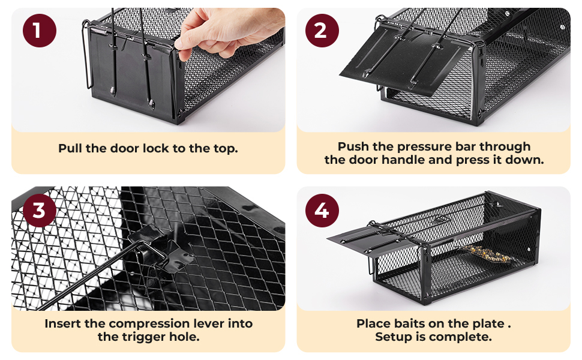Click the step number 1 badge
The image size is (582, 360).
40,31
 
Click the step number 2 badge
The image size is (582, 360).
322,31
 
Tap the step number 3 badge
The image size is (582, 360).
40,211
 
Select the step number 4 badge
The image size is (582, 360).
322,211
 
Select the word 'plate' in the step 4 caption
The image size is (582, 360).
488,324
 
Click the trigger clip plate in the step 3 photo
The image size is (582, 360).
160,247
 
